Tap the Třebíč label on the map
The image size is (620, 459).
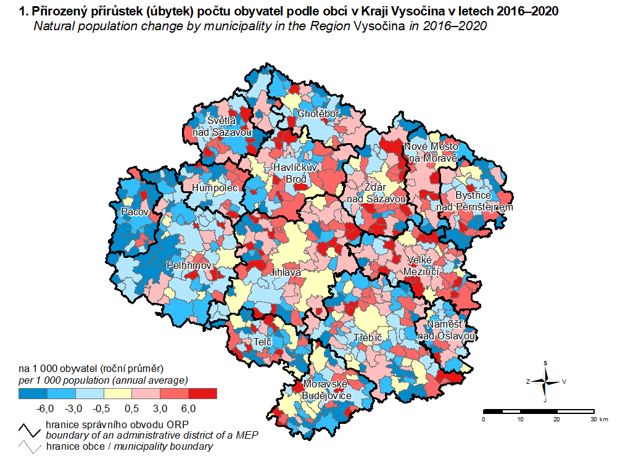368,338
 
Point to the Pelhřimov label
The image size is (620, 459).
189,265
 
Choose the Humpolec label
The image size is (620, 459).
215,188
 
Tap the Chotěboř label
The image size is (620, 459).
318,114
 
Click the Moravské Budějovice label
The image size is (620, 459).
327,390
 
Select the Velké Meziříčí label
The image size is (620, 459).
422,265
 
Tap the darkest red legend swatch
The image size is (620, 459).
203,393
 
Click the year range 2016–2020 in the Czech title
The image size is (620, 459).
524,12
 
